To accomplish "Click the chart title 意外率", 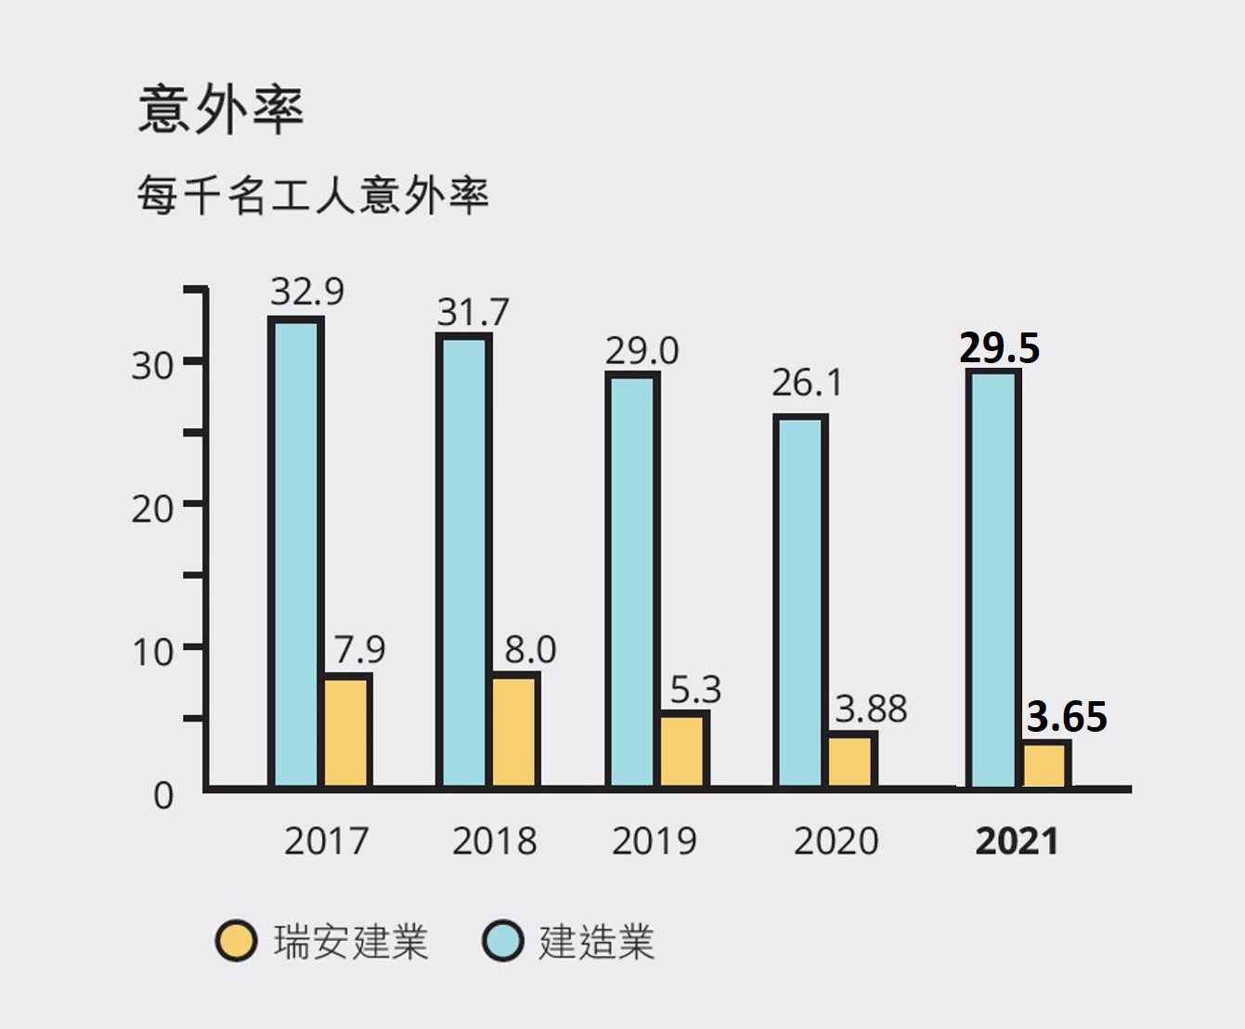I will click(221, 110).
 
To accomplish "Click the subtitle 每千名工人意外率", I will click(313, 195).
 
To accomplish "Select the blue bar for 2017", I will click(296, 553).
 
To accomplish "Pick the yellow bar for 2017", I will click(347, 731).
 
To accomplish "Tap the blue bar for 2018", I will click(464, 562).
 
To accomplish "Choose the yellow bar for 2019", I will click(684, 749).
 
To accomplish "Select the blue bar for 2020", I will click(800, 602).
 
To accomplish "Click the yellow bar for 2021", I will click(1045, 763).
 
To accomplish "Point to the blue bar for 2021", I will click(993, 578).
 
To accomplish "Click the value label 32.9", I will click(307, 293).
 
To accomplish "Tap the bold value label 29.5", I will click(999, 348).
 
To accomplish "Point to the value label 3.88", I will click(871, 710).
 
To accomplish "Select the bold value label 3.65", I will click(1067, 717).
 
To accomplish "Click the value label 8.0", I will click(530, 650).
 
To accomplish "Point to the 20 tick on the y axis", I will click(152, 509).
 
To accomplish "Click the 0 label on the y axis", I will click(163, 796).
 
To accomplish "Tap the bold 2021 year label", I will click(1017, 841).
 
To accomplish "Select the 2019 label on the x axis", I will click(654, 841).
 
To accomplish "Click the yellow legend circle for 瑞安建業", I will click(236, 942).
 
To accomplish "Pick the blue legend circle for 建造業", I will click(504, 942).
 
